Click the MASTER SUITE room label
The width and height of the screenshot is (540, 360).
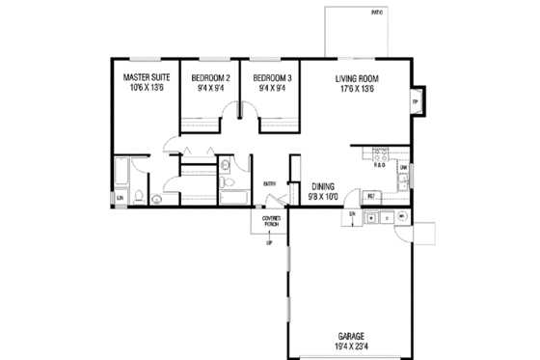coord(147,76)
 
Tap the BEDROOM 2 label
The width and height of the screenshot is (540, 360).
coord(210,76)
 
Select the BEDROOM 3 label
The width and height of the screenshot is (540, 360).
coord(271,76)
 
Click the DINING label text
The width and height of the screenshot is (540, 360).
coord(323,186)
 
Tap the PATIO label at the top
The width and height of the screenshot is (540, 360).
coord(376,12)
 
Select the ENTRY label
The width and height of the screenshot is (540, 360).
coord(270,183)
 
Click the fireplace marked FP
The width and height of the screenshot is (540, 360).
coord(416,101)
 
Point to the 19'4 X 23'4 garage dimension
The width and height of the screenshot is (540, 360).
coord(351,346)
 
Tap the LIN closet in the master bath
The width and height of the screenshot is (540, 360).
coord(121,198)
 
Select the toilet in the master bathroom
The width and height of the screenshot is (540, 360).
coord(141,199)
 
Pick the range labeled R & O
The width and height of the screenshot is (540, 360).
coord(380,163)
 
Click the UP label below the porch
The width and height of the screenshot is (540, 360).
coord(269,241)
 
